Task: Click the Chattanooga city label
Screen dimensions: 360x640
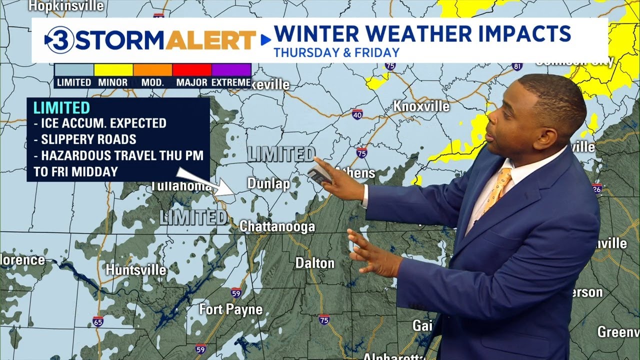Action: (x=277, y=226)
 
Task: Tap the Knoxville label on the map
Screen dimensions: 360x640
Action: (x=421, y=106)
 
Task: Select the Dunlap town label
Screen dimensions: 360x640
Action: (x=268, y=184)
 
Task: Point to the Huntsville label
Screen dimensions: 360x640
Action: (x=135, y=270)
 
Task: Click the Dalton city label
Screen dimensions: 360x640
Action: (x=314, y=263)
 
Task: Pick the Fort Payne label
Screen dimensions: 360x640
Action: (x=231, y=309)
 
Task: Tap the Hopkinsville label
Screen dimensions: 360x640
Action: (x=66, y=6)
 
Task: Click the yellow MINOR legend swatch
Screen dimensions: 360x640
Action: (x=113, y=69)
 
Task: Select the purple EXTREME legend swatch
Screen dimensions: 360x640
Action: (x=231, y=69)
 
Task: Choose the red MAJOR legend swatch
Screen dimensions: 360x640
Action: (x=191, y=69)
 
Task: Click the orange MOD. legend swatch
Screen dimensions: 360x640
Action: (x=152, y=69)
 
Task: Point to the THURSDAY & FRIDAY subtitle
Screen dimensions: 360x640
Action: (x=336, y=52)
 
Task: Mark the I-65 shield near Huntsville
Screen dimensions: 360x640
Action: (x=98, y=321)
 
